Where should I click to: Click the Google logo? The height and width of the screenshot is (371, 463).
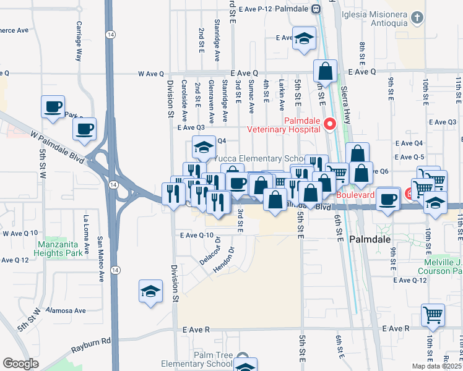(20, 364)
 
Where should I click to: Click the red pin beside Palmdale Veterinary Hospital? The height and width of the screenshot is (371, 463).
(330, 124)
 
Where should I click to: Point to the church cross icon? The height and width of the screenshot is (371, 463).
(418, 18)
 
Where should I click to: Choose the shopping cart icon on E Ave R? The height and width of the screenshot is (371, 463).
(433, 315)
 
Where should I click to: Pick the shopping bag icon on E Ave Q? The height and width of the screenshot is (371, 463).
(325, 72)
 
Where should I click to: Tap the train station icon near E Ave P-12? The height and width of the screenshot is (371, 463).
(315, 9)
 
